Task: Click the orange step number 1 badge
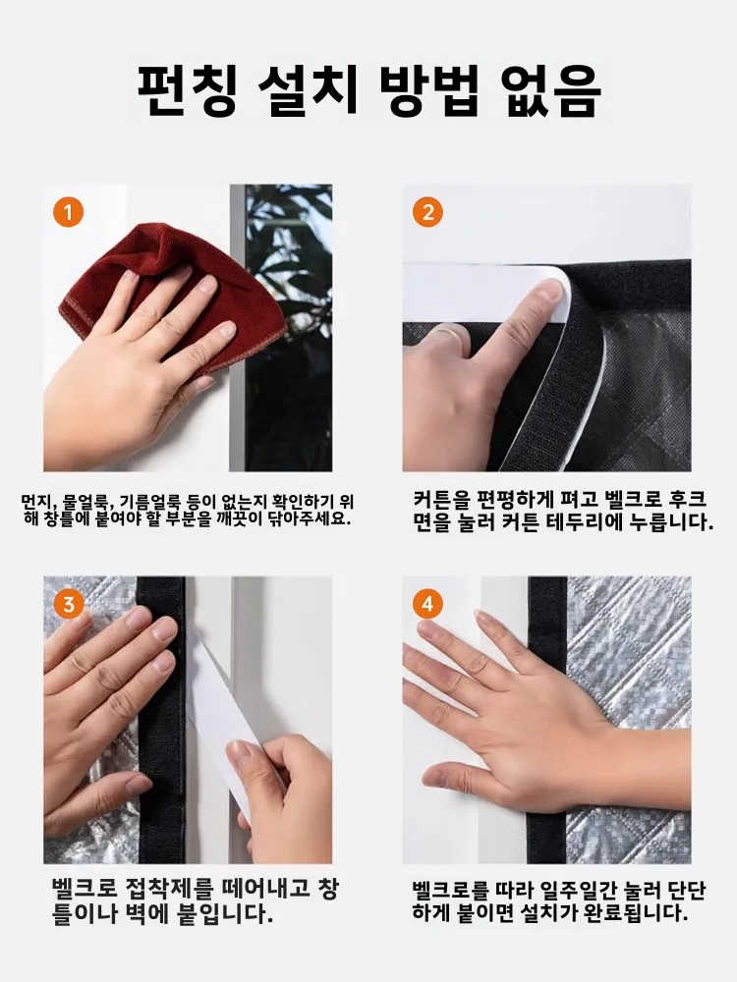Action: tap(69, 212)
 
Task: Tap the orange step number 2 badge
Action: tap(427, 212)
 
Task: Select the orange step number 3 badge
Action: tap(69, 604)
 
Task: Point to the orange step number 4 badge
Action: tap(427, 604)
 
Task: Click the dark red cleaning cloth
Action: tap(163, 295)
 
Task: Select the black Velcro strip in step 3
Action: tap(160, 720)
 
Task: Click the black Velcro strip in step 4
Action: tap(547, 720)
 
